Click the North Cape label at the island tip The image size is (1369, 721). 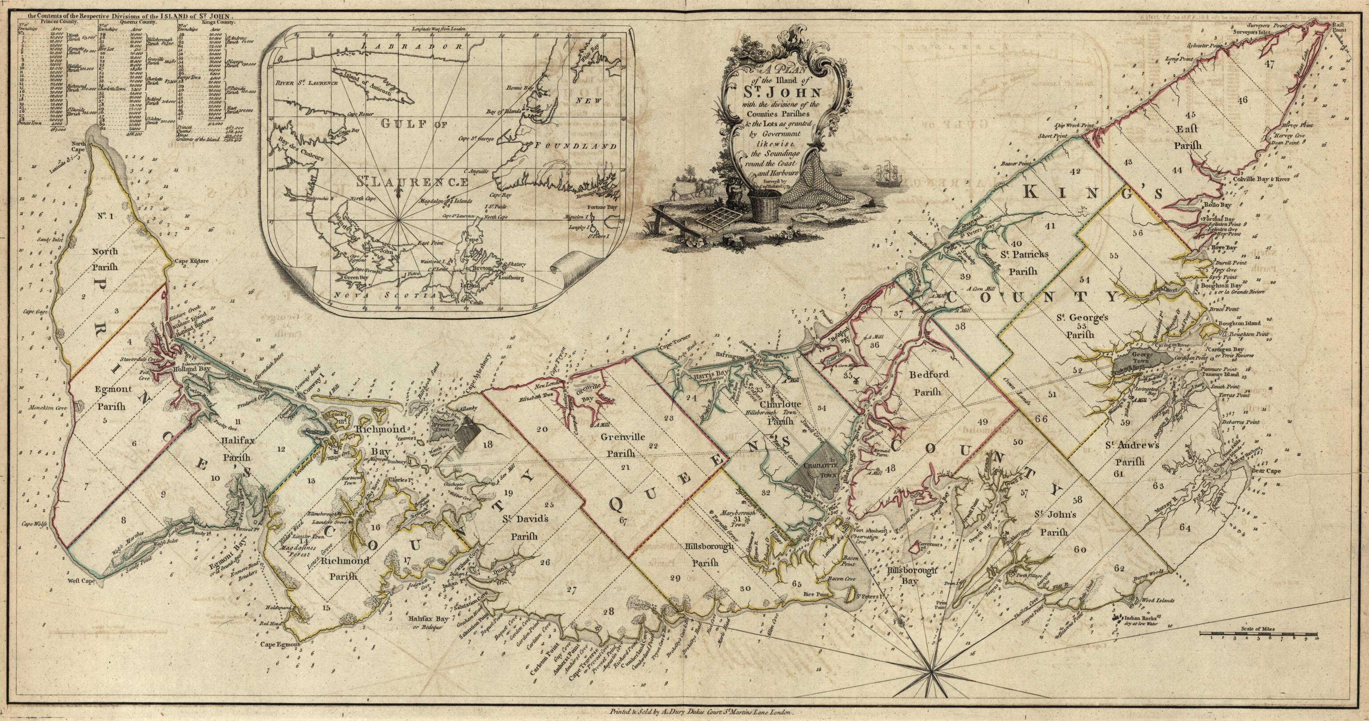pyautogui.click(x=79, y=147)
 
